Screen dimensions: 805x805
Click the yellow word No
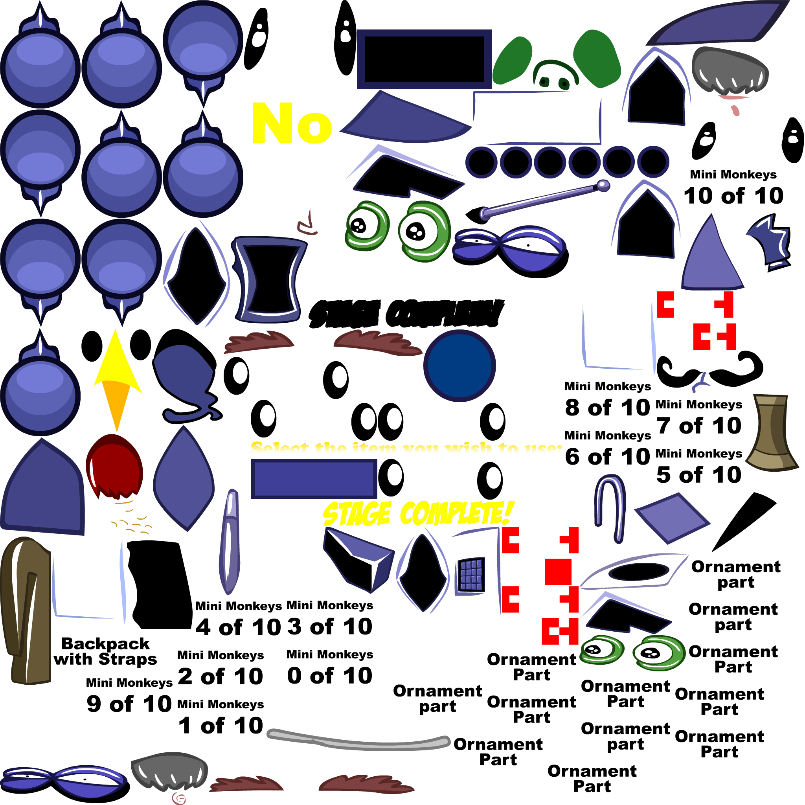point(292,123)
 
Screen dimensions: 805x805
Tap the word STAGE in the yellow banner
point(357,513)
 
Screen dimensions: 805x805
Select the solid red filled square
point(558,572)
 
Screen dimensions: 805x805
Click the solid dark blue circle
point(459,366)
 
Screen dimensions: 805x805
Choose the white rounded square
point(285,534)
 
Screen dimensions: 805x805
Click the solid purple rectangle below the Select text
point(314,479)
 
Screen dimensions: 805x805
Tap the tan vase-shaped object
point(772,433)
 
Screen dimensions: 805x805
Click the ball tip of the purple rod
point(603,186)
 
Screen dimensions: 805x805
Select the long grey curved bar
point(358,742)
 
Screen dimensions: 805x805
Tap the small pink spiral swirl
point(179,798)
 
